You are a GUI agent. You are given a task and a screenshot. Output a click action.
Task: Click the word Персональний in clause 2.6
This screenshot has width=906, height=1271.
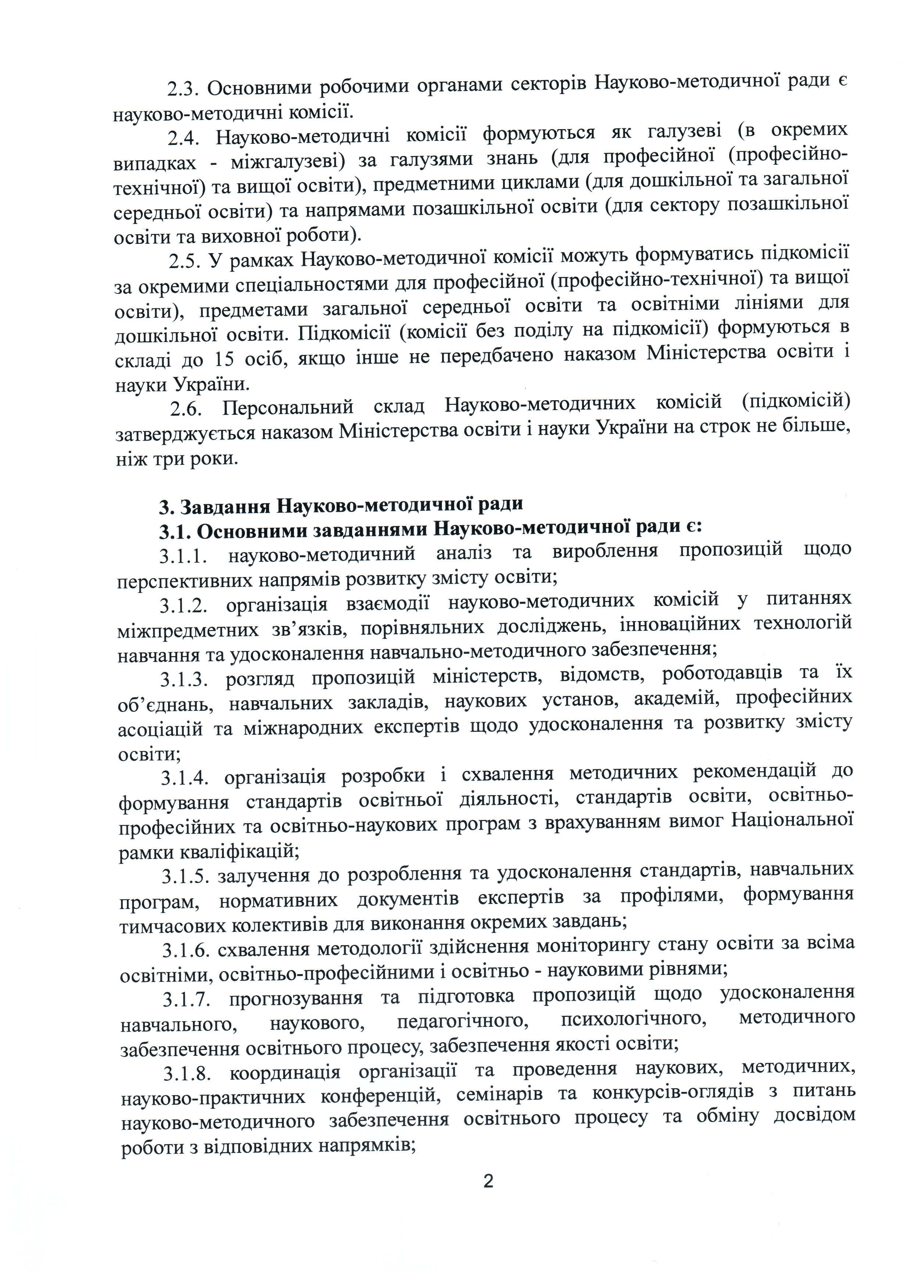tap(288, 407)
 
